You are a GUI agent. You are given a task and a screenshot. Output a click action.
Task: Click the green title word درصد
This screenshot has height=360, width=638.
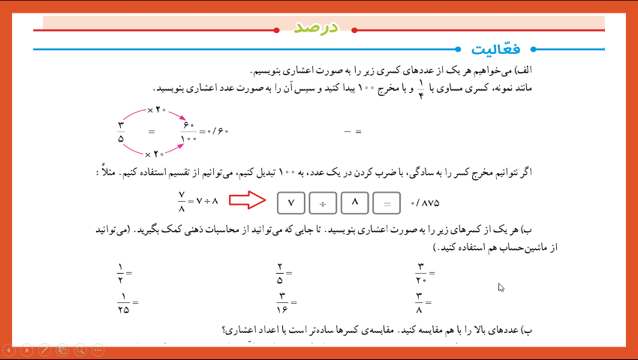click(x=317, y=28)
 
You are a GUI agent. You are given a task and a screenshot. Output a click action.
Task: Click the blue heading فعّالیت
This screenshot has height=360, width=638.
click(x=496, y=49)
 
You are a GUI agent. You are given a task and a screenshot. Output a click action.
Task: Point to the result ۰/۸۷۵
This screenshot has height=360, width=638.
click(x=425, y=202)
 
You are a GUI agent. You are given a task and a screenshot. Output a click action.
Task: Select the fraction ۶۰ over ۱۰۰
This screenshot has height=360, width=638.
click(x=188, y=131)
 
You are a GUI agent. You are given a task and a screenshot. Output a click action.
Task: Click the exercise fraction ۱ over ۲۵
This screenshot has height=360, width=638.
click(x=123, y=303)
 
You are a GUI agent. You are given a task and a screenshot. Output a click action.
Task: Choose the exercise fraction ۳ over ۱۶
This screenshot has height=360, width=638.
click(x=282, y=303)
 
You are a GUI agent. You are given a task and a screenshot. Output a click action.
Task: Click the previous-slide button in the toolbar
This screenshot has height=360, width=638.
click(x=9, y=350)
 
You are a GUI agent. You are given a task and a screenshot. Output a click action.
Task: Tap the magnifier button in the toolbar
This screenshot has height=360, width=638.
click(x=80, y=350)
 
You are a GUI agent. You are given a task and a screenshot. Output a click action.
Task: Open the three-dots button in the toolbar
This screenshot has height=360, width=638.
click(x=98, y=350)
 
